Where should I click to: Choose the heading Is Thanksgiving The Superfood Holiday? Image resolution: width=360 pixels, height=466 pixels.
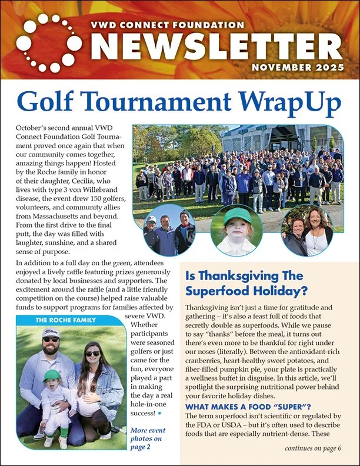tap(251, 283)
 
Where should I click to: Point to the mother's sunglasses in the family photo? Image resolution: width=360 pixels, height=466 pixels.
tap(92, 354)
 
